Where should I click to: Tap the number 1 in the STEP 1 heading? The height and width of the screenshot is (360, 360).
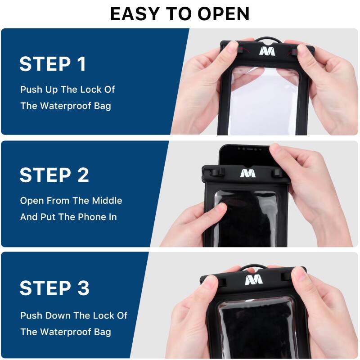[x=81, y=64]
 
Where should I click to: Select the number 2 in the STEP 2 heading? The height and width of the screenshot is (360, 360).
[x=82, y=175]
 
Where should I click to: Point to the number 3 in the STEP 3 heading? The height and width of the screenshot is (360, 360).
[x=82, y=288]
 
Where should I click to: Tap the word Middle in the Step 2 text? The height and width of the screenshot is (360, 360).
[x=107, y=201]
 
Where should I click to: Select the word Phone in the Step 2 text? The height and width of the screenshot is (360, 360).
[x=91, y=217]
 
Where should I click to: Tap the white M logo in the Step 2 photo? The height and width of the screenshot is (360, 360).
[x=247, y=173]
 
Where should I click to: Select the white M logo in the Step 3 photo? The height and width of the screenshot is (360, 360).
[x=253, y=280]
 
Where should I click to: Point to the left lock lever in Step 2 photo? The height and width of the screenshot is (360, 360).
[x=219, y=172]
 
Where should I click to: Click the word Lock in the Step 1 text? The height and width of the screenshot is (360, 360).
[x=91, y=90]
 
